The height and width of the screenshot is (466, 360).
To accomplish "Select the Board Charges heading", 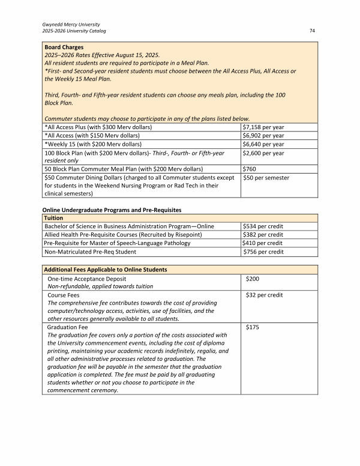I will coord(64,47).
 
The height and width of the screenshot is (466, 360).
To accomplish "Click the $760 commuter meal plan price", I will coord(249,169).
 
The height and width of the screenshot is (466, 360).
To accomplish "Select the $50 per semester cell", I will coord(266,178).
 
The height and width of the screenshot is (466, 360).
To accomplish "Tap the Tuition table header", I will coord(54,217).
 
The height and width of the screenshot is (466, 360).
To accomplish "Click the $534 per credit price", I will coord(263,226).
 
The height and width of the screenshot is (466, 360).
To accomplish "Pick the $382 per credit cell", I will coord(263,234).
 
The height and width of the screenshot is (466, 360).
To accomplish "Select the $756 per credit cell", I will coord(263,252).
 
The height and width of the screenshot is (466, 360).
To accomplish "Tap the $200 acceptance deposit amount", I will coord(253,279).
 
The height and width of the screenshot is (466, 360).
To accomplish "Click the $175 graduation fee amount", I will coord(253,327).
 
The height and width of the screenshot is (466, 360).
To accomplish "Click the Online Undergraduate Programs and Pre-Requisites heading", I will coord(111,209).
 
